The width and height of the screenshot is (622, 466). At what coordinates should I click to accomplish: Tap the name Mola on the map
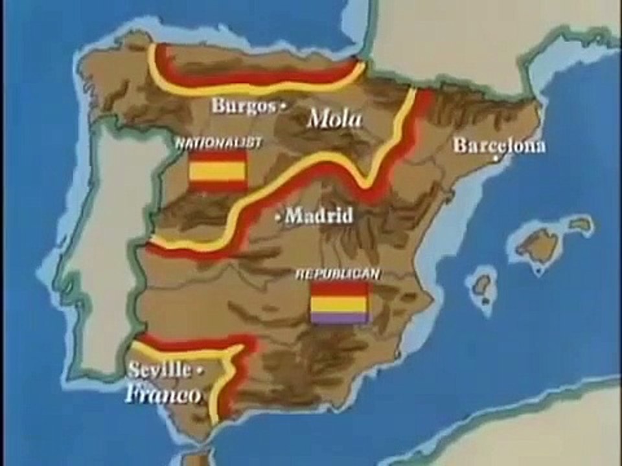pos(334,118)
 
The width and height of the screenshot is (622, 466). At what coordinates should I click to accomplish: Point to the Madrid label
pos(319,215)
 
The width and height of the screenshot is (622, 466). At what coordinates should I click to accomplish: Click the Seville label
pos(159,370)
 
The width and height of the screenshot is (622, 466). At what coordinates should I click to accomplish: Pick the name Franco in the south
pos(163,394)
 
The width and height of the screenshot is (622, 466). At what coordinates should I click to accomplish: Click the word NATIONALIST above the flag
pos(218,143)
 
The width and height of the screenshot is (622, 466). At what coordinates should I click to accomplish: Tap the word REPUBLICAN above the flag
pos(338,274)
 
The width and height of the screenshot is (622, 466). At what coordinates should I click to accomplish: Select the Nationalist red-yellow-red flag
pos(218,171)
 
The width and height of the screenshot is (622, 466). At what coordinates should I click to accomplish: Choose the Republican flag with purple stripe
pos(340,302)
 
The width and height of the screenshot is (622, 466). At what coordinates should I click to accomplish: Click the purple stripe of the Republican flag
pos(340,318)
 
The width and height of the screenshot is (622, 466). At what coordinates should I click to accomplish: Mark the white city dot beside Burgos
pos(282,107)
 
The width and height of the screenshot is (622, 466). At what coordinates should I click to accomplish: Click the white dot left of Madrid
pos(279,217)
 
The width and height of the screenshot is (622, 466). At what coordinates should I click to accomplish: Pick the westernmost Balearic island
pos(482,285)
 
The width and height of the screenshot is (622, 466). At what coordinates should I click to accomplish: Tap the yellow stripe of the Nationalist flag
pos(218,171)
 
